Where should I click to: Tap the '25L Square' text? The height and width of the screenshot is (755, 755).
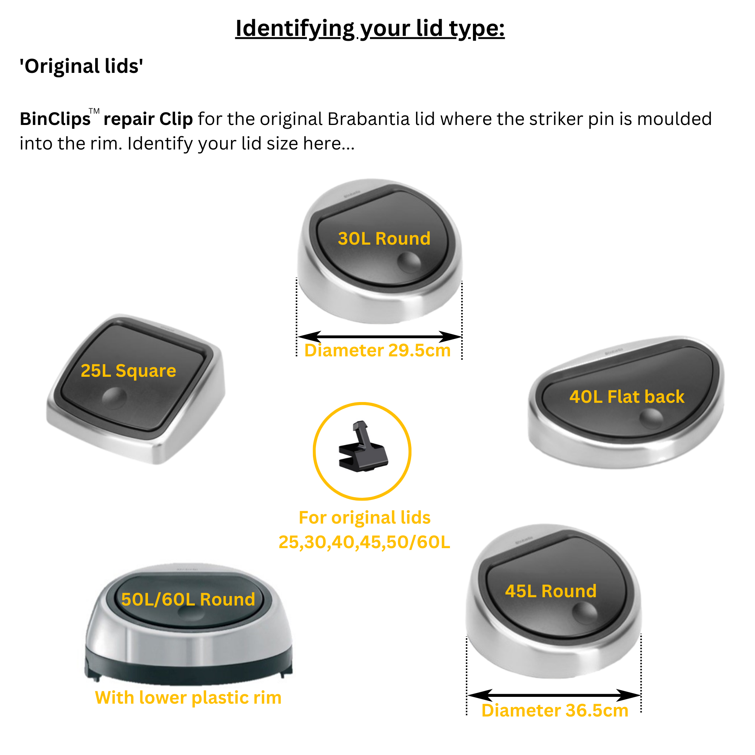(128, 370)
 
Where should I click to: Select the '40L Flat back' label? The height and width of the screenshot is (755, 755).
(626, 397)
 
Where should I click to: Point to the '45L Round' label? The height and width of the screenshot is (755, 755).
(551, 591)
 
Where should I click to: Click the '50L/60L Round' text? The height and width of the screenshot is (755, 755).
(188, 599)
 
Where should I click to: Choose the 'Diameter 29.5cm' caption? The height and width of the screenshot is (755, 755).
(377, 351)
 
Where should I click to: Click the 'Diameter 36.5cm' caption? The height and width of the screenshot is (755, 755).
(555, 710)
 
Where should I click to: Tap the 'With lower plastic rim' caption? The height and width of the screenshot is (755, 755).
(188, 698)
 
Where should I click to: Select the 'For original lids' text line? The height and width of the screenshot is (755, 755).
(365, 518)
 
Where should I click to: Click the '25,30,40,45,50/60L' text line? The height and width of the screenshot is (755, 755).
(364, 542)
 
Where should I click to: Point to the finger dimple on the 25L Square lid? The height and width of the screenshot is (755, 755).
(114, 398)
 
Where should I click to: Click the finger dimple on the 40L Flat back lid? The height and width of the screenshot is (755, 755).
(651, 418)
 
